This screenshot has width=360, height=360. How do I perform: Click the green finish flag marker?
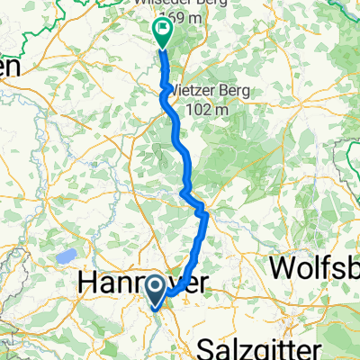(162, 33)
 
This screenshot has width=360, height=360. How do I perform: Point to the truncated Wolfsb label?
(314, 267)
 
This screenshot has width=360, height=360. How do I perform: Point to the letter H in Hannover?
(89, 283)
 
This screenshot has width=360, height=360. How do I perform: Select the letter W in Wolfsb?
(282, 267)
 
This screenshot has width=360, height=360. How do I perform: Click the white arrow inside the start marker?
(154, 289)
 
